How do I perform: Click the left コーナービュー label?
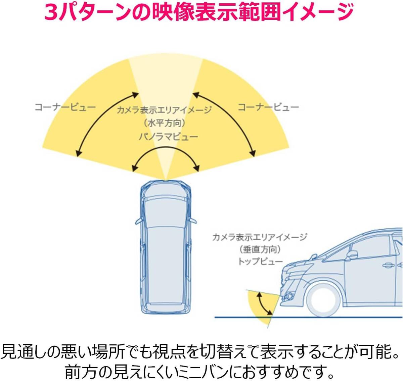pos(65,107)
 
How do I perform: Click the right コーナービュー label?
pos(268,107)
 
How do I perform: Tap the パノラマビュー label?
pos(169,137)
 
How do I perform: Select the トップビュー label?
pos(260,261)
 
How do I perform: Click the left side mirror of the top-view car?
pos(139,221)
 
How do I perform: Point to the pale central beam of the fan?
pos(166,101)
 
